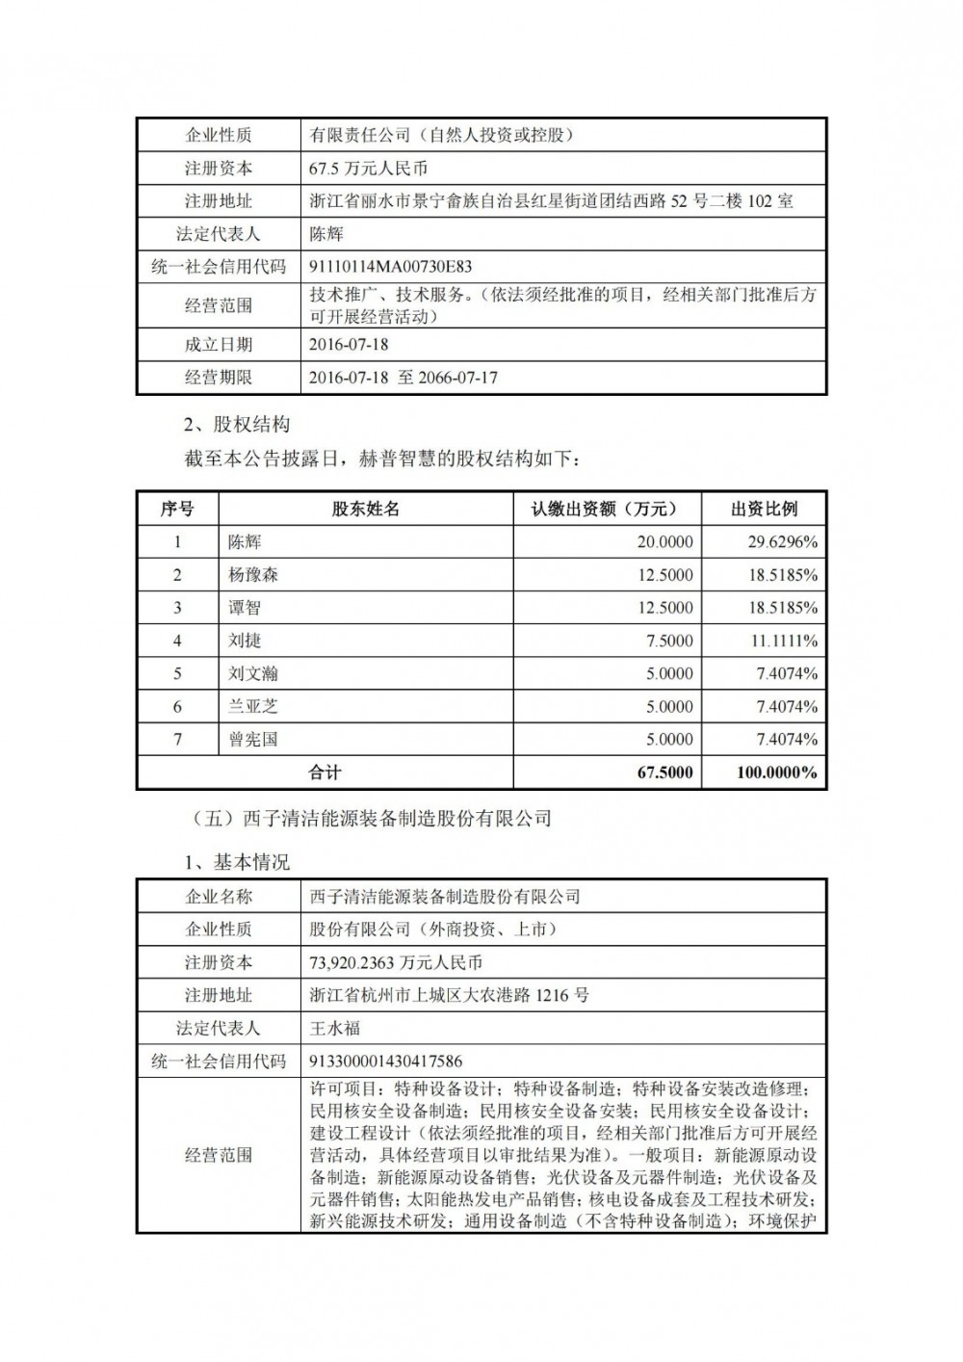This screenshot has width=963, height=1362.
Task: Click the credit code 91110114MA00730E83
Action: (390, 267)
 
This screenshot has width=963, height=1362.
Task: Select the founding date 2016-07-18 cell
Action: (349, 344)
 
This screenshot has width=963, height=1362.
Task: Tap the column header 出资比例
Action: (765, 510)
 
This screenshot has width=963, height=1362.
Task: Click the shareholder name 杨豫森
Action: (253, 575)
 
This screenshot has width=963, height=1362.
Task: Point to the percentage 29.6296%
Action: (783, 542)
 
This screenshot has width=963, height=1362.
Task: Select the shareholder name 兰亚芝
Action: (253, 706)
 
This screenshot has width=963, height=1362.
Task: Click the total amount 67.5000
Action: (664, 773)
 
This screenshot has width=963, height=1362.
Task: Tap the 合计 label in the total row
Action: (325, 773)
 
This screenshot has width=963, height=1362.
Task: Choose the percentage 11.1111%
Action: (783, 641)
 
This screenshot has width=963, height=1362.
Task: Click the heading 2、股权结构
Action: (236, 425)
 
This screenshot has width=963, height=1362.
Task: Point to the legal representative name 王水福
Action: (334, 1028)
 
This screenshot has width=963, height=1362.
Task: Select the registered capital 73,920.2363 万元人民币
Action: (396, 962)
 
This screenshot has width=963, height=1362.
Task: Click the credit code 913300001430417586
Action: (385, 1061)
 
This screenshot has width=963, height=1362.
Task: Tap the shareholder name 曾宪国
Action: (253, 740)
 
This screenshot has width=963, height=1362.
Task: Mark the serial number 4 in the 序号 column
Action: (177, 641)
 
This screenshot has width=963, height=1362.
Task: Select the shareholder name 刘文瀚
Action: (253, 673)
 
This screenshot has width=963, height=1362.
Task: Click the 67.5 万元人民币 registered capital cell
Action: (367, 168)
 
